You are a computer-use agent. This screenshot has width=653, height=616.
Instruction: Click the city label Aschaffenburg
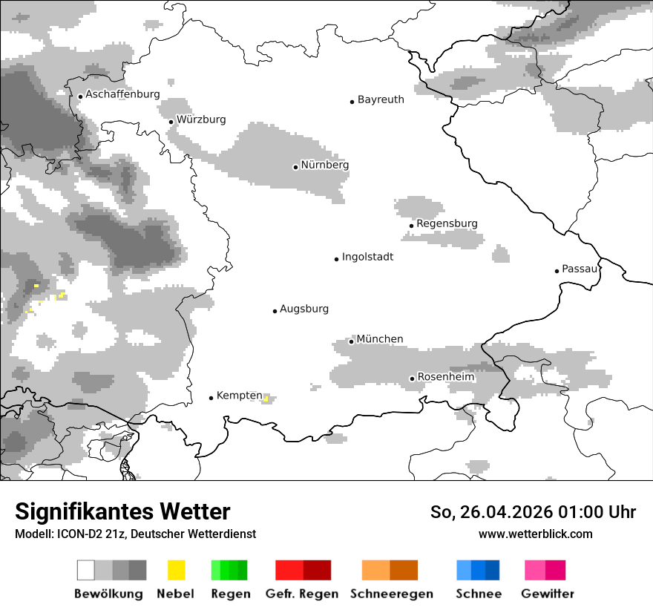click(122, 95)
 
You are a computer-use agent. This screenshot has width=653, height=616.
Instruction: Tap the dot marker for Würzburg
click(171, 122)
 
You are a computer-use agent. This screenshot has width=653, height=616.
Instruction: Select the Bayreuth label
click(381, 99)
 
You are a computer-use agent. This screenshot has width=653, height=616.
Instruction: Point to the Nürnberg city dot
click(295, 167)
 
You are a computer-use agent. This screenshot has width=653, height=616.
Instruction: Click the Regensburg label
click(447, 223)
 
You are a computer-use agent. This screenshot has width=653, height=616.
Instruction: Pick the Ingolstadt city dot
click(336, 259)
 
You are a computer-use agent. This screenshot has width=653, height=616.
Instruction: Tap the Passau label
click(580, 269)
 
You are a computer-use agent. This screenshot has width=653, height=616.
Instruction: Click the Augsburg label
click(303, 309)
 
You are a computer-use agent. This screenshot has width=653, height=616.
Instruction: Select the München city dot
click(351, 341)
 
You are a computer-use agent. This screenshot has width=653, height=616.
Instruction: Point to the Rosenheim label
click(445, 377)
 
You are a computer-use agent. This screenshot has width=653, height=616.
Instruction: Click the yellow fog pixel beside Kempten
click(266, 399)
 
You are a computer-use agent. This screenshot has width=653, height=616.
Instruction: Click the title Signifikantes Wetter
click(122, 512)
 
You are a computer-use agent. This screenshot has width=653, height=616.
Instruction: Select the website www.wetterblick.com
click(535, 534)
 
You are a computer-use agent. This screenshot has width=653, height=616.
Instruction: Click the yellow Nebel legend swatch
click(176, 570)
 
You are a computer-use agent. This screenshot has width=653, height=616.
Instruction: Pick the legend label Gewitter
click(547, 594)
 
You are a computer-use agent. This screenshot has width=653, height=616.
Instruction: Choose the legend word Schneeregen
click(391, 594)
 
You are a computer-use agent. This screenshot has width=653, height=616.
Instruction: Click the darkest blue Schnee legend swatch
click(493, 570)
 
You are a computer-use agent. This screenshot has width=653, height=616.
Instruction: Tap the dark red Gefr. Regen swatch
click(317, 570)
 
